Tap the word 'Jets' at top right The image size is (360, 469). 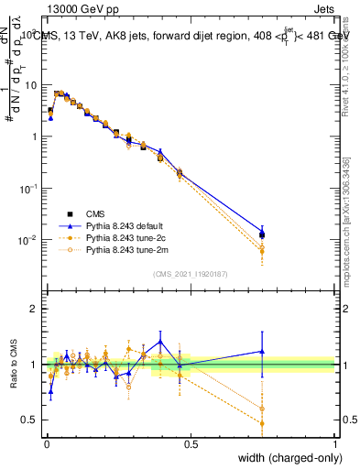[x=322, y=8]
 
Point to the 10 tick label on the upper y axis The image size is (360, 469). [x=30, y=85]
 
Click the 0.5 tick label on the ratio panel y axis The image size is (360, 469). [x=31, y=420]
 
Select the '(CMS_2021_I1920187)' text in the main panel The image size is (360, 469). [x=190, y=272]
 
